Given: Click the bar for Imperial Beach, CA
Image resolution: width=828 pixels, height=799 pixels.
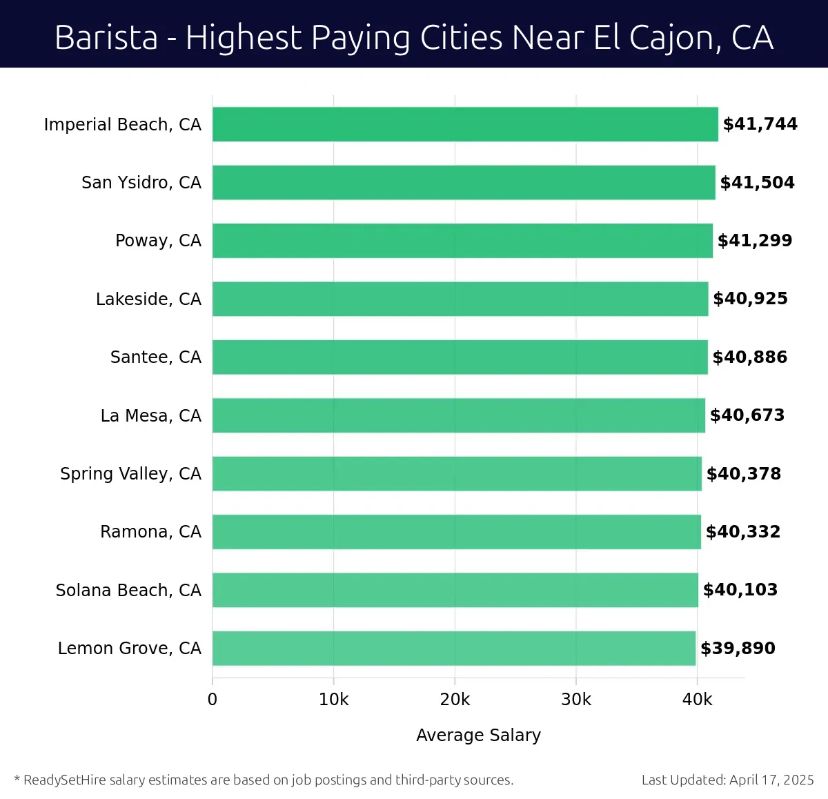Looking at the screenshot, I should point(465,124).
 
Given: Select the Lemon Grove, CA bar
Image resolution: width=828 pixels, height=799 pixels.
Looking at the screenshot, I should point(454,648).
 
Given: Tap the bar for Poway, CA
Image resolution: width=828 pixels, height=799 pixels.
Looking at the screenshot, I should point(462,241).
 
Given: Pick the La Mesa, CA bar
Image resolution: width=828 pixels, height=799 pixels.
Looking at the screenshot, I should point(459,415).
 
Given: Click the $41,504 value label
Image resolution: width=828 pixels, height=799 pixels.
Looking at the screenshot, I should point(757,183).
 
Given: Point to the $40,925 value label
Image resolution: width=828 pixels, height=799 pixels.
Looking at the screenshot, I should point(750,299).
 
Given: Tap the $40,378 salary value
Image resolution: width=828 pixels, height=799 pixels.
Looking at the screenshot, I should point(744,474).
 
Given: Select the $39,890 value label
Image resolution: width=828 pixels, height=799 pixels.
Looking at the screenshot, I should point(738,649).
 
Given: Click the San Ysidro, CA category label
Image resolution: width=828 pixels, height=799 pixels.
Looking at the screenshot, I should point(141,183).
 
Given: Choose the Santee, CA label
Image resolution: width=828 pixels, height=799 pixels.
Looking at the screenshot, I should point(156,357).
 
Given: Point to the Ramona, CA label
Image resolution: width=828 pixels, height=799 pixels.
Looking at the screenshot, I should point(150,532).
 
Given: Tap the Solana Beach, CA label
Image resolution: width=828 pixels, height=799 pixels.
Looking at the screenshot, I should point(128,591).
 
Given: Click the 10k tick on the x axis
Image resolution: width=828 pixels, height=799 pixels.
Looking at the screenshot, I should point(334,700).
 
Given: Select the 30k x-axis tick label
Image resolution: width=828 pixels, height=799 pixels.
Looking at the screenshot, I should point(576,700).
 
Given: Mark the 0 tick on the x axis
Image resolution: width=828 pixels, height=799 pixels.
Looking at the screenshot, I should point(213,700).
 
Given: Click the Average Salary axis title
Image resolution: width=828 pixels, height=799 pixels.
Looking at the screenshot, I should point(478,736).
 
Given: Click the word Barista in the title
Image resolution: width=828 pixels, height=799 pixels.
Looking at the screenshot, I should point(106,37).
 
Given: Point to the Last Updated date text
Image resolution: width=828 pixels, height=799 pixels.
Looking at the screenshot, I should point(727,780).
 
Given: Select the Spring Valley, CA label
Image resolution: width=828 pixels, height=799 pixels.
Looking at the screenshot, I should point(130,474).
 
